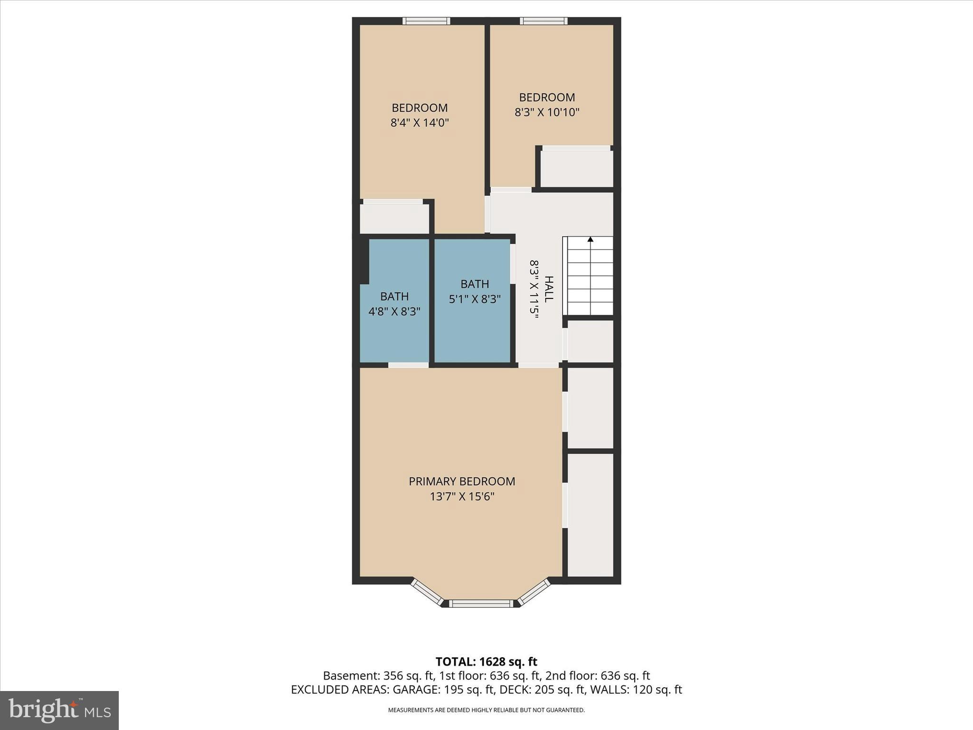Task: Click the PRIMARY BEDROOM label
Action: tap(462, 481)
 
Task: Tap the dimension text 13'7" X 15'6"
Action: tap(462, 497)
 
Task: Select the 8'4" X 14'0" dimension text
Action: tap(420, 123)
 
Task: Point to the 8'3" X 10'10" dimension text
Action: tap(547, 113)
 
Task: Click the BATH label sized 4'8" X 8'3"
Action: tap(394, 297)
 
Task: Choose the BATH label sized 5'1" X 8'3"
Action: tap(475, 284)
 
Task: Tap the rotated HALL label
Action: tap(549, 289)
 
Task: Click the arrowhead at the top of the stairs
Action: tap(590, 240)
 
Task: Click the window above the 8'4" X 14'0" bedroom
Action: tap(426, 20)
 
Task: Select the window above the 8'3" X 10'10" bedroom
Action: tap(544, 20)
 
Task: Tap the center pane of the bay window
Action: tap(481, 604)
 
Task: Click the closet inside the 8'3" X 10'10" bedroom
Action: tap(577, 168)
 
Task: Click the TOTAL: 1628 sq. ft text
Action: tap(486, 662)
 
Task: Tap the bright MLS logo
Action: tap(59, 710)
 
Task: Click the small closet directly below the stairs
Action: tap(590, 341)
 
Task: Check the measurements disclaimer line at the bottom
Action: tap(486, 710)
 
